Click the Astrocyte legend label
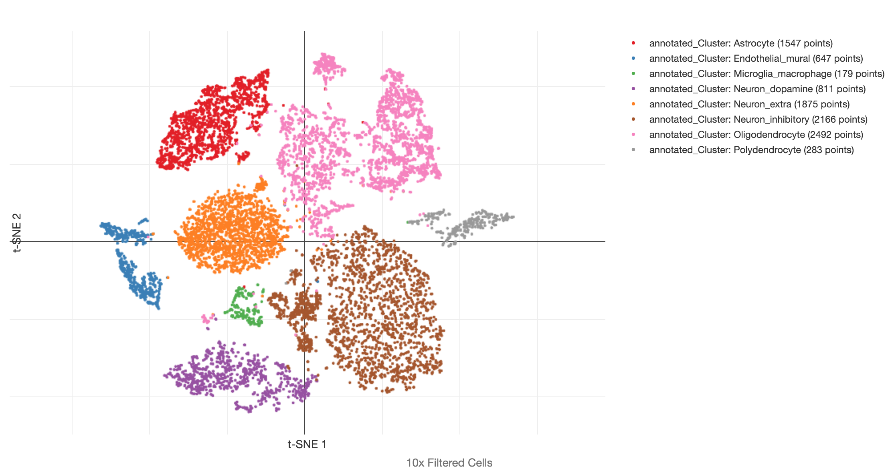point(741,43)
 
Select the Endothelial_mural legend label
point(756,59)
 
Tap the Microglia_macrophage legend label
point(767,74)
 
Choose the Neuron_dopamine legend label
point(757,89)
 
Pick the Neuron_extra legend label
point(749,104)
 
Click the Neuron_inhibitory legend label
point(758,119)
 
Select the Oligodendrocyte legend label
point(756,135)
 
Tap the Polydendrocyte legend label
point(751,150)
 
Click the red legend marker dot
point(633,43)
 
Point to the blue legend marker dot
point(633,58)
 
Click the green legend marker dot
point(633,73)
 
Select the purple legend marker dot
point(633,89)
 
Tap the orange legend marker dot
point(633,104)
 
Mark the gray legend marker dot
point(633,150)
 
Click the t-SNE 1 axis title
point(307,445)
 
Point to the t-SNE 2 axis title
point(17,232)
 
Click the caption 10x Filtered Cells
point(449,463)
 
